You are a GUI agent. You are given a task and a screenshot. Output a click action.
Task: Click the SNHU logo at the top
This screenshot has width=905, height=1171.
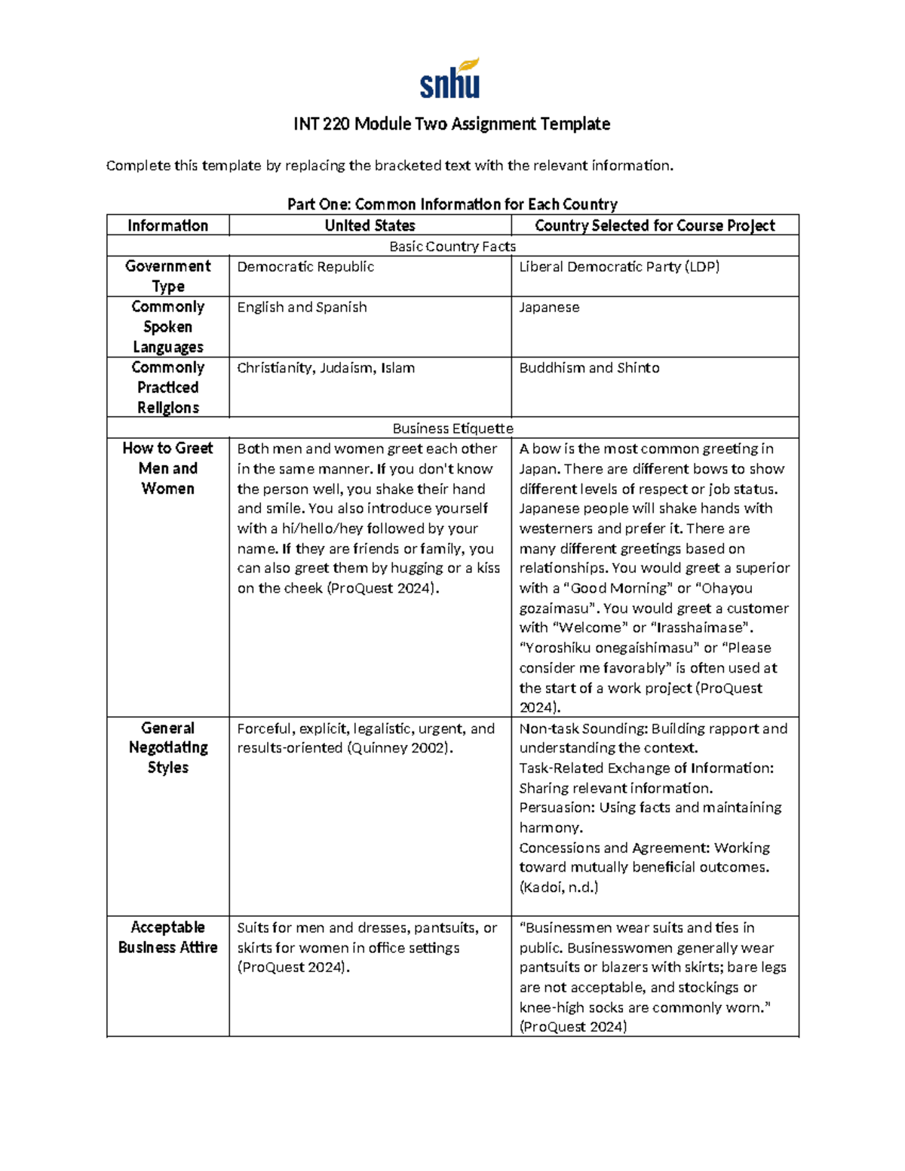coord(450,78)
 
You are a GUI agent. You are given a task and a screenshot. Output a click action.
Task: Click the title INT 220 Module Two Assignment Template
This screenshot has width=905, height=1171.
coord(452,124)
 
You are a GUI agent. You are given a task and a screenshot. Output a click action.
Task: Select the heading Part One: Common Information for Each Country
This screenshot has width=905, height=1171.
coord(452,204)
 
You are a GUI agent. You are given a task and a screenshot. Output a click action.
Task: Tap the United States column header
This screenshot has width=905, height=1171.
coord(370,225)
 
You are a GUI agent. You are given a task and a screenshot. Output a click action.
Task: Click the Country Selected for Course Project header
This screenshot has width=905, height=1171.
coord(655,225)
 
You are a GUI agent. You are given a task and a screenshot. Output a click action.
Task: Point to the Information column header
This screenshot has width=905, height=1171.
coord(167,225)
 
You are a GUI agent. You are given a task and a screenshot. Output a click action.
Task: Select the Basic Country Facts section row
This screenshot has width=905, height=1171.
coord(452,247)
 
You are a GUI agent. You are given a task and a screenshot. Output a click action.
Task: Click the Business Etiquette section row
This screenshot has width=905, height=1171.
coord(452,428)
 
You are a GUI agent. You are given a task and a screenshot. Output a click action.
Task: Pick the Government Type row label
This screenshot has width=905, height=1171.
coord(167,276)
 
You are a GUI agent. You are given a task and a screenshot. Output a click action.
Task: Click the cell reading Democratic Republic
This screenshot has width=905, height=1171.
coord(305,267)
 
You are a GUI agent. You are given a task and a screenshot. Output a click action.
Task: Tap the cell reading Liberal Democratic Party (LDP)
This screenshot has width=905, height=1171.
coord(619,267)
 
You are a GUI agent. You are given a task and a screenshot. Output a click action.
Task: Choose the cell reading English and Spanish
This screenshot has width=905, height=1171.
coord(302,308)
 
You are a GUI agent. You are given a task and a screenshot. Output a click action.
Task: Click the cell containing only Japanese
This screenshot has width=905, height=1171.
coord(549,308)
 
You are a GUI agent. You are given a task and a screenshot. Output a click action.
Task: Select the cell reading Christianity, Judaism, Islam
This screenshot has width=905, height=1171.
coord(326,368)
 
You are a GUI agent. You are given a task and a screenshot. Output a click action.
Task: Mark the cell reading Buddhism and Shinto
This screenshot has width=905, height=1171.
coord(589,368)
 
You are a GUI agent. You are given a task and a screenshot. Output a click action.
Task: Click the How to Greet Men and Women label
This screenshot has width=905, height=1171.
coord(167,468)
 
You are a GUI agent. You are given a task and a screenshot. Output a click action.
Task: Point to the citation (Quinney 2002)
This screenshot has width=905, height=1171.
coord(400,749)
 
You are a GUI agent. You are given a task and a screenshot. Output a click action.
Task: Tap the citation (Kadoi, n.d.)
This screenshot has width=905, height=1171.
coord(558,887)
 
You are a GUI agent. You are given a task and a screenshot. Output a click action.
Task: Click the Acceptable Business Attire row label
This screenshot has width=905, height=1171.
coord(167,937)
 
